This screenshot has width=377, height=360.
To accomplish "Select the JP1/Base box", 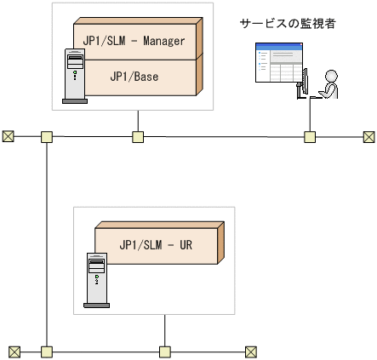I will click(x=134, y=76).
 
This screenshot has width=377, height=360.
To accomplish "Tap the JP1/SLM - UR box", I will click(x=156, y=244).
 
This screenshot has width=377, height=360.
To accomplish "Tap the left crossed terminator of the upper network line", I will click(x=9, y=136).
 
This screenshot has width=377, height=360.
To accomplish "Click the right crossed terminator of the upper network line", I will click(x=368, y=136).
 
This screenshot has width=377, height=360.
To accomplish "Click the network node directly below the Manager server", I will click(x=137, y=136).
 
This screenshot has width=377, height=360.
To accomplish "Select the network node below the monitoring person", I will click(x=311, y=136).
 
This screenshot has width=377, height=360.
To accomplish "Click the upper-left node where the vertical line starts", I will click(x=46, y=136).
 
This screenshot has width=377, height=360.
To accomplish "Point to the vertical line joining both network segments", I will click(x=46, y=243).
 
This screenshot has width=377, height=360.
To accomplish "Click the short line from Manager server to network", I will click(x=137, y=121).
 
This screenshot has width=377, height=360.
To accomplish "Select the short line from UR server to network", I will click(x=164, y=330).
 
